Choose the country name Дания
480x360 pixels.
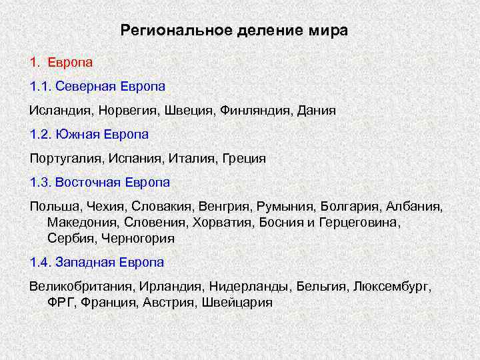pyautogui.click(x=315, y=111)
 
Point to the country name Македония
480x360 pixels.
pyautogui.click(x=79, y=222)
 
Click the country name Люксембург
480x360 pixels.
pyautogui.click(x=392, y=287)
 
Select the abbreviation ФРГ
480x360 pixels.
pyautogui.click(x=61, y=302)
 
